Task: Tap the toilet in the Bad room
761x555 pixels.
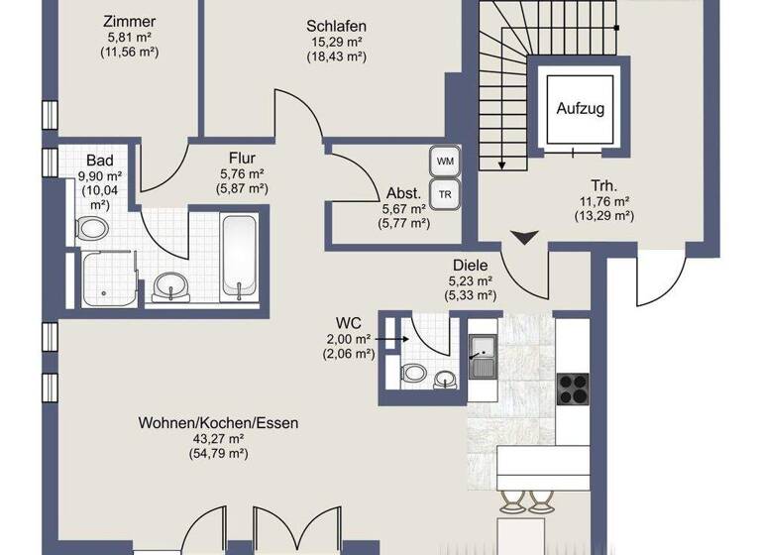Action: (94, 230)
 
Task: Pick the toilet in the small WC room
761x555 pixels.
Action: (414, 376)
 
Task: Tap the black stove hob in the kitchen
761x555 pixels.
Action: (573, 388)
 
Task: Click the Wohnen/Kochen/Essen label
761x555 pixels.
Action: (218, 423)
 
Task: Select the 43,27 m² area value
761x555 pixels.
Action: (218, 438)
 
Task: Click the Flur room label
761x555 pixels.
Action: (243, 158)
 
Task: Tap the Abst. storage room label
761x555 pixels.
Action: (403, 193)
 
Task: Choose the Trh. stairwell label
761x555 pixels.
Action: (603, 184)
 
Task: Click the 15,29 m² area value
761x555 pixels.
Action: (336, 41)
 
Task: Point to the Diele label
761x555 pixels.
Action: (472, 265)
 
